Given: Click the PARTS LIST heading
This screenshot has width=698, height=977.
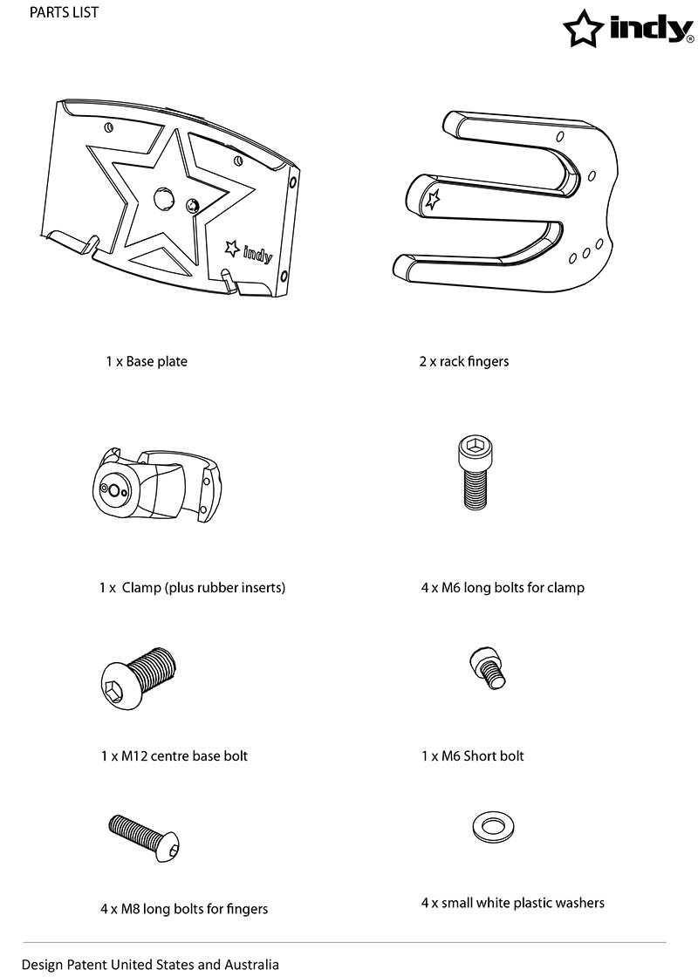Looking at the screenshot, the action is point(64,12).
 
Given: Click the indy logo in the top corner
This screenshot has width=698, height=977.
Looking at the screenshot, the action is point(627,28).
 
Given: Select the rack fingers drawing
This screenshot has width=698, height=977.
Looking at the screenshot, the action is point(506,202).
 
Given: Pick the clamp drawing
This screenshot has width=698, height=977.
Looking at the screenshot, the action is point(156,483).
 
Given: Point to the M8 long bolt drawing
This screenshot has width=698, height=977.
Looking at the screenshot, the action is point(145,837).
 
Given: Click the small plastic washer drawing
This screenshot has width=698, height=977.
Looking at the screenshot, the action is point(494,827).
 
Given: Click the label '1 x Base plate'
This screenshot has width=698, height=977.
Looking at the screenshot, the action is point(147,361).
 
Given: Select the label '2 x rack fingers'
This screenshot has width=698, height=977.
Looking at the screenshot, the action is point(463,361).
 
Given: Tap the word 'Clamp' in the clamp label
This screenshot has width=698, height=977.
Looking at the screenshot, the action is point(141,588).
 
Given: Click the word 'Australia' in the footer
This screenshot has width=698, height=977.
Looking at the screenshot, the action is point(252,965).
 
